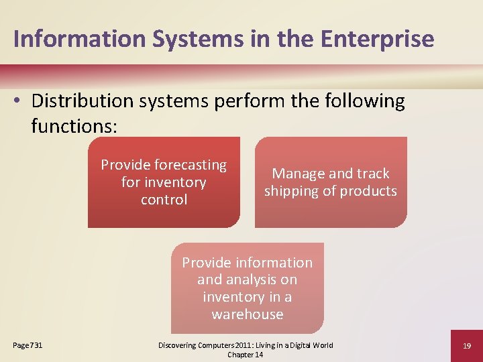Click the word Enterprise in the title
coord(377,39)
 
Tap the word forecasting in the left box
coord(191,165)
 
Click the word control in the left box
coord(164,200)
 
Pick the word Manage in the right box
coord(295,174)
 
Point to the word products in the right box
coord(368,191)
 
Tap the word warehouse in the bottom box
coord(247,314)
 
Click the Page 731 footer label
coord(28,345)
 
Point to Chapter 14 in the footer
coord(245,355)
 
